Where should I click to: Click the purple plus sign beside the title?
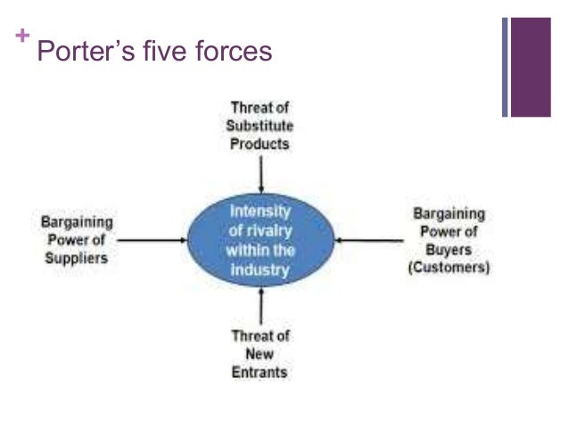pos(21,37)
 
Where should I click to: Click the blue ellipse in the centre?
pos(260,240)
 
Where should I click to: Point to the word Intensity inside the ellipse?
pos(260,212)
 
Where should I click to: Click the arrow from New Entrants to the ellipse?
pos(260,308)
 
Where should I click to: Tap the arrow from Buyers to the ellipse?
pos(367,239)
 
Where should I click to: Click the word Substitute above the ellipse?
pos(260,126)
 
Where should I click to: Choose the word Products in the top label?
pos(260,144)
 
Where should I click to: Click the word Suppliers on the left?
pos(78,258)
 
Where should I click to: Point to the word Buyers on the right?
pos(449,250)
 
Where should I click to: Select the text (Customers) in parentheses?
pos(449,267)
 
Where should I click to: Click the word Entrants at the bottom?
pos(260,372)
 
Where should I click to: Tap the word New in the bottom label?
pos(260,354)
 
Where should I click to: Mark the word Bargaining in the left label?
pos(78,221)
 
